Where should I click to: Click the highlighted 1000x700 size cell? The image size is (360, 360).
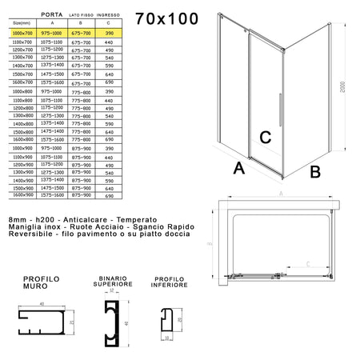[x=18, y=34]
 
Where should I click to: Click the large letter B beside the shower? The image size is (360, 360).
[x=315, y=170]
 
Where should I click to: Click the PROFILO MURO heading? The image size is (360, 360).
[x=42, y=282]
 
